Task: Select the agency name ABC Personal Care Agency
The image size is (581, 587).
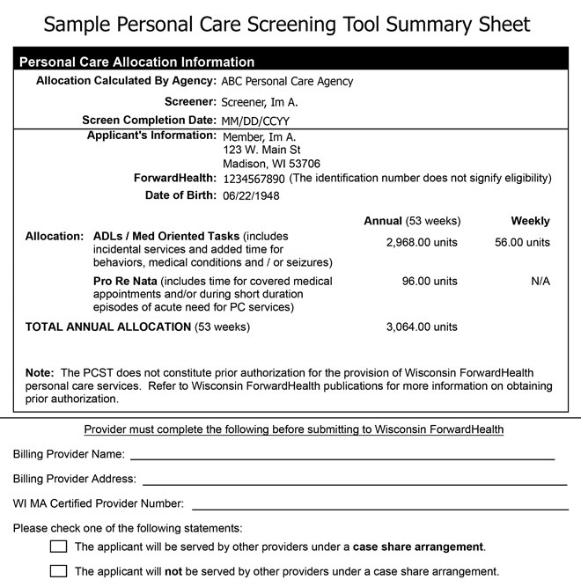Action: (x=287, y=82)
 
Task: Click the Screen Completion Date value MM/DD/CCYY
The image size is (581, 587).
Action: (x=256, y=121)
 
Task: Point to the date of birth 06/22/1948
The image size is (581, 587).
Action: (x=251, y=196)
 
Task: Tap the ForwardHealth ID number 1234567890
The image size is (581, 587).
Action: (x=254, y=179)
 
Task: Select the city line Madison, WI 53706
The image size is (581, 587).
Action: (x=272, y=164)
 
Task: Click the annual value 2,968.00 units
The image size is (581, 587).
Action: (x=422, y=242)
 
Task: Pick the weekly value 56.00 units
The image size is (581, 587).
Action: (x=521, y=242)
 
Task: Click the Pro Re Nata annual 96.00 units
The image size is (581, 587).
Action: (x=430, y=282)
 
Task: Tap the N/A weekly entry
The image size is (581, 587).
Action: (x=541, y=282)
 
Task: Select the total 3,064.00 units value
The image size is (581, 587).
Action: (x=422, y=327)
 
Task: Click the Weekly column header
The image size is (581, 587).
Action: (x=530, y=221)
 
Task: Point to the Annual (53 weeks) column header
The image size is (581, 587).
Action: (x=412, y=221)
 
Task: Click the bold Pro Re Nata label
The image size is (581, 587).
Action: (x=125, y=282)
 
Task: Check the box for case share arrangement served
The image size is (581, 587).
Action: (x=59, y=547)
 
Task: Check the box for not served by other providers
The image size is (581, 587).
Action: (x=59, y=570)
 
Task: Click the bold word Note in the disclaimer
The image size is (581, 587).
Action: (x=40, y=373)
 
